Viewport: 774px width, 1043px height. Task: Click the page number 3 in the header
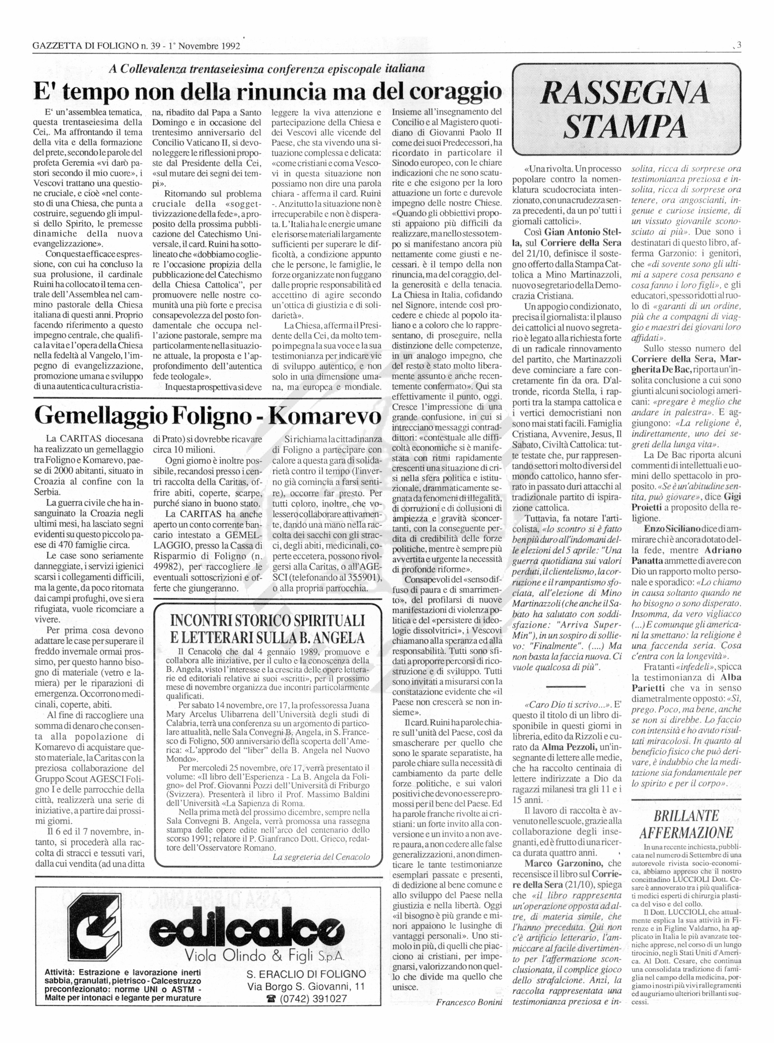[x=739, y=46]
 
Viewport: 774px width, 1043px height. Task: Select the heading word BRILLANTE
[x=686, y=816]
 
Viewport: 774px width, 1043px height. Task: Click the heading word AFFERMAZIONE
[x=686, y=833]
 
